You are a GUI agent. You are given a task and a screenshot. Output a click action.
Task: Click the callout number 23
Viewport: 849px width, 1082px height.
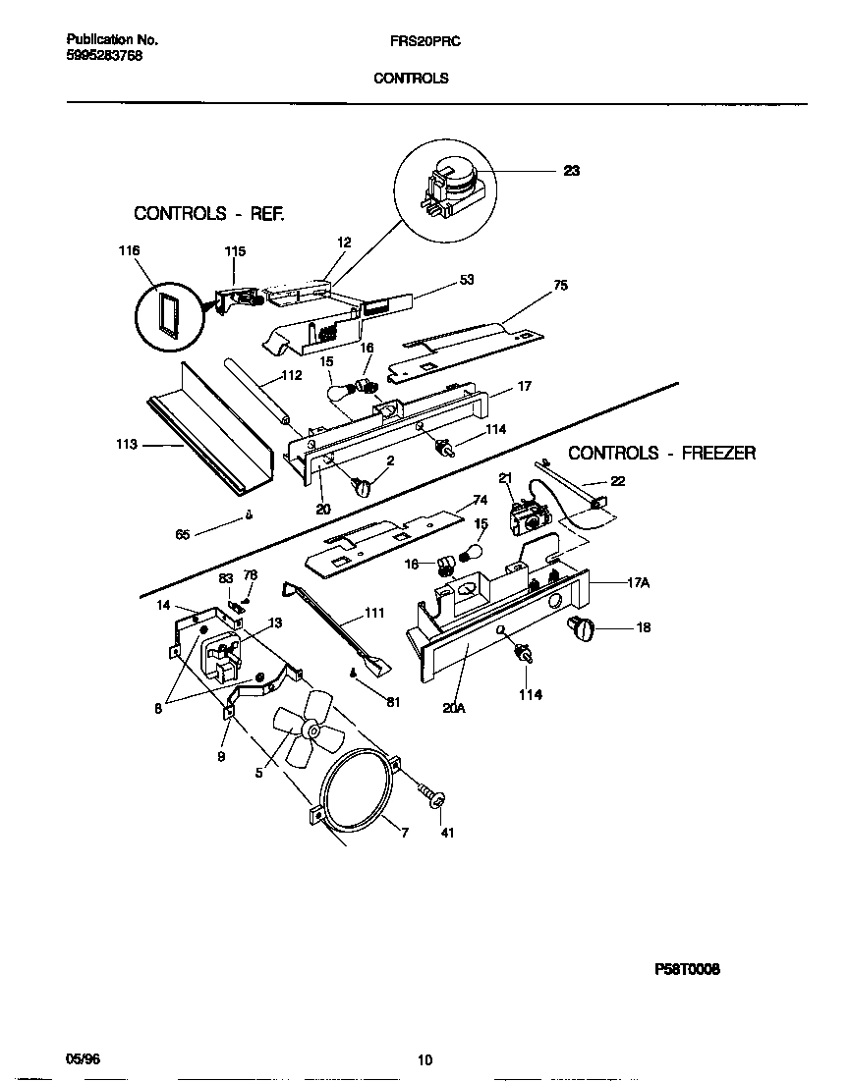pos(571,171)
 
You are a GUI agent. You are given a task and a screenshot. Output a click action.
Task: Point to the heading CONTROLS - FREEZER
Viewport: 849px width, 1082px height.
pos(661,453)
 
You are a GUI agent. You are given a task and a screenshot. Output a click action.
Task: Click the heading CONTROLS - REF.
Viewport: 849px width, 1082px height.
pos(209,213)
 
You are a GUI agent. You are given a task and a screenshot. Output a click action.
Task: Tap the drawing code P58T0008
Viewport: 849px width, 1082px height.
pos(687,969)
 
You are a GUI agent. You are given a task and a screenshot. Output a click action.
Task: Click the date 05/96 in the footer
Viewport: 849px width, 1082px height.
pos(83,1059)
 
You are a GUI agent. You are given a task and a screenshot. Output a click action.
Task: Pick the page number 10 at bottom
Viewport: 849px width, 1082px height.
pos(424,1059)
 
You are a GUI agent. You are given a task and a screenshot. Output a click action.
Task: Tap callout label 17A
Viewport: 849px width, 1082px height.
pos(638,582)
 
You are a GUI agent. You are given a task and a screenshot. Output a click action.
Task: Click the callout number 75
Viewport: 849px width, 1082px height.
pos(560,286)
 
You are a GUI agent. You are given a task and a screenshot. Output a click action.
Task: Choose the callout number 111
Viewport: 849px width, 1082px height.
pos(373,613)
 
